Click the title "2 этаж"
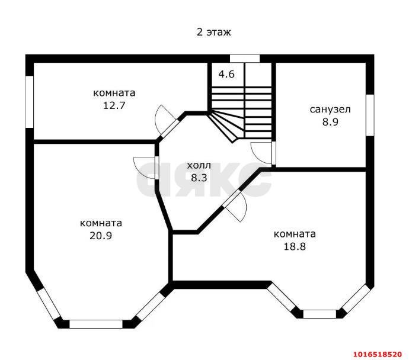coord(213,33)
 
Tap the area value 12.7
coord(114,105)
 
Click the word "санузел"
coord(330,110)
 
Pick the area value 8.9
coord(330,123)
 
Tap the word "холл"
coord(199,165)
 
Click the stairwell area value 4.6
coord(226,75)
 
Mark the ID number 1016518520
coord(378,353)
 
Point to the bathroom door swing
coord(263,152)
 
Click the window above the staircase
coord(245,58)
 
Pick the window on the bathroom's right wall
coord(369,114)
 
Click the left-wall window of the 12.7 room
coord(29,101)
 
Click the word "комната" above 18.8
coord(295,234)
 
